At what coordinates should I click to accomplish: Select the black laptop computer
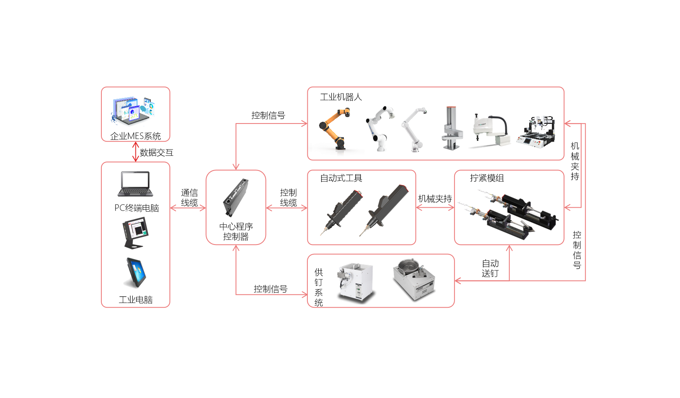[x=135, y=184]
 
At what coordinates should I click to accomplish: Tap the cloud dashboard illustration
[x=133, y=110]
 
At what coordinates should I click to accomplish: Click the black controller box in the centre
[x=236, y=198]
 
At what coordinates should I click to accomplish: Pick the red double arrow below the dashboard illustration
[x=135, y=152]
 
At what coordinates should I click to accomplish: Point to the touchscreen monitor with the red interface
[x=135, y=233]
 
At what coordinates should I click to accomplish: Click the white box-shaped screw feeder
[x=355, y=282]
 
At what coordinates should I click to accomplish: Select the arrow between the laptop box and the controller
[x=188, y=208]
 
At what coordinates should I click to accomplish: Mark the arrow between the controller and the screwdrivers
[x=287, y=208]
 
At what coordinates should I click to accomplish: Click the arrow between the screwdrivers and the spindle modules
[x=435, y=208]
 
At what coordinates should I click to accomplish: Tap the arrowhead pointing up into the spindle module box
[x=509, y=248]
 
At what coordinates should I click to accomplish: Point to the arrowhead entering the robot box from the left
[x=304, y=123]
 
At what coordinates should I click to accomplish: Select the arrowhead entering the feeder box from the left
[x=304, y=294]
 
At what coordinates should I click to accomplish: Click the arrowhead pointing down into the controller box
[x=236, y=166]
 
